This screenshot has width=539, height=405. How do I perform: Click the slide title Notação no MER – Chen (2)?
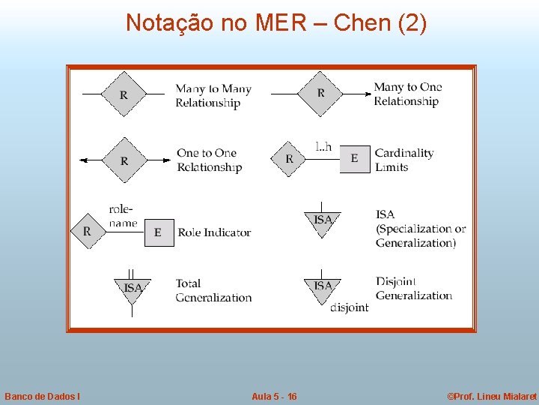276,23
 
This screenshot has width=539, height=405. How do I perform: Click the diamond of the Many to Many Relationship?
124,94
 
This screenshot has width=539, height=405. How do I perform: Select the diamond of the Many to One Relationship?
320,94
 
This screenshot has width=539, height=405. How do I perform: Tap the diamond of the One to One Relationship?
124,160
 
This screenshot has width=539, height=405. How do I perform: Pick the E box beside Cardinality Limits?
354,158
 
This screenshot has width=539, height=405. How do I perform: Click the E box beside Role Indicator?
158,232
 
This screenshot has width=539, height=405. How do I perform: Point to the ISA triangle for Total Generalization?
133,289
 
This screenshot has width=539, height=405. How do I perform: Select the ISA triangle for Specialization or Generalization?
322,221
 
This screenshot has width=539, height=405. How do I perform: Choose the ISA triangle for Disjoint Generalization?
322,288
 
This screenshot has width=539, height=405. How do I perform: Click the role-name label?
123,216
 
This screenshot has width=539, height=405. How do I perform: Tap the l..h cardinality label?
323,146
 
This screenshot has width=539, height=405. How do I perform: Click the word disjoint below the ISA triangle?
349,307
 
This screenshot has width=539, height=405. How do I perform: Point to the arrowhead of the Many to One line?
368,94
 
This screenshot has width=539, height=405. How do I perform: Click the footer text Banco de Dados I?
43,396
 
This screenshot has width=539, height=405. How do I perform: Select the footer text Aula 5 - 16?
274,396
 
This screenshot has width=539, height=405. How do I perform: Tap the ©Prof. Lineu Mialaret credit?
491,396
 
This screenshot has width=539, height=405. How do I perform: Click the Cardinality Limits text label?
404,160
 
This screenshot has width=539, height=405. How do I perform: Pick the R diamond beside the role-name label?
87,232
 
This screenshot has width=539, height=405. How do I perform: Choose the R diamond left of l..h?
289,159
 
